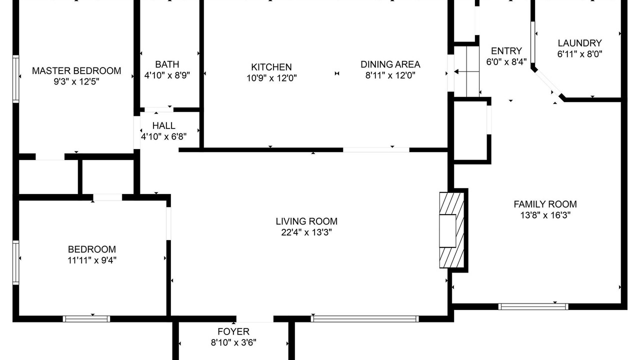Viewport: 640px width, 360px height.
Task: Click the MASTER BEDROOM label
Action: pos(76,71)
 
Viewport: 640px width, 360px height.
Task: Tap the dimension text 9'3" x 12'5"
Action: pos(76,81)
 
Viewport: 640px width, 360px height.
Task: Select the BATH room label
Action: pos(167,64)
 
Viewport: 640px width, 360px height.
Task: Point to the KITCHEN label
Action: pos(271,67)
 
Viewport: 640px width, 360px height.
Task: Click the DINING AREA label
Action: pos(390,64)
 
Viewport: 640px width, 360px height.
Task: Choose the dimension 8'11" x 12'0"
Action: pos(390,75)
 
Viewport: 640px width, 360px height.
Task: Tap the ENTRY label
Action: pos(506,51)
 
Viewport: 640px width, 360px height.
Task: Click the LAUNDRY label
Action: pos(579,43)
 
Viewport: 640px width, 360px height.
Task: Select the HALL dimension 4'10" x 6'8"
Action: pos(163,136)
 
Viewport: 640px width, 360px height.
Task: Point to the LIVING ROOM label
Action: pos(306,221)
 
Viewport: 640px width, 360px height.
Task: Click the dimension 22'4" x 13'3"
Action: pos(306,232)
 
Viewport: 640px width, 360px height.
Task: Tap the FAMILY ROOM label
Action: pos(545,204)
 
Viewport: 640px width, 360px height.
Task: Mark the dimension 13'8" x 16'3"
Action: pos(545,215)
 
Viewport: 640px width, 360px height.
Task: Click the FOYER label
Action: pos(233,331)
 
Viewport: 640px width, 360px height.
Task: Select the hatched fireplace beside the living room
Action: pos(451,230)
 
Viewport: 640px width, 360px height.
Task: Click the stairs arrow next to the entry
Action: pos(466,71)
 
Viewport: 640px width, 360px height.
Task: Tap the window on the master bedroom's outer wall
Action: pos(15,79)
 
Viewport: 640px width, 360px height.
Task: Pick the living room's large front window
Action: pos(365,319)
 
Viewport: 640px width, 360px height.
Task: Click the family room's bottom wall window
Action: pos(533,306)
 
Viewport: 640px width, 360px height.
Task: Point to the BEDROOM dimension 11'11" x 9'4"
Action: pos(92,260)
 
